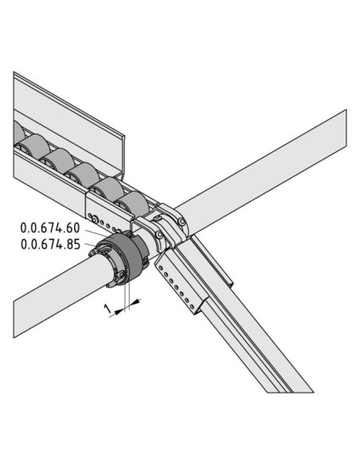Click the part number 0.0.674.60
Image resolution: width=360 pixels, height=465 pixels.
coord(50,228)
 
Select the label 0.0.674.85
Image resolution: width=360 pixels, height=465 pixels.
coord(50,244)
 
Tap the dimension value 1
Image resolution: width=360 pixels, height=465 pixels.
coord(108,309)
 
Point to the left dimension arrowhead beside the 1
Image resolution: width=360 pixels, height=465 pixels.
coord(119,311)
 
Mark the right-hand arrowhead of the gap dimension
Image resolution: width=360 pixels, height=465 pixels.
coord(135,302)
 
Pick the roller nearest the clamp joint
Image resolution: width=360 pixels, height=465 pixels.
coord(131,204)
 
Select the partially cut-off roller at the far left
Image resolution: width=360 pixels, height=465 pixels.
coord(19,133)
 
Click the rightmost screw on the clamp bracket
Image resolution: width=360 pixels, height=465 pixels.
coord(182,221)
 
